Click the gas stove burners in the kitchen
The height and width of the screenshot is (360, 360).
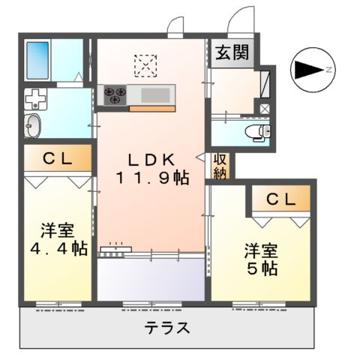point(116,94)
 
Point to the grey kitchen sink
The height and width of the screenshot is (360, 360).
point(154,94)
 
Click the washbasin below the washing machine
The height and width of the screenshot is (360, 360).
point(33,126)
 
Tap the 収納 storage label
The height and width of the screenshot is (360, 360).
point(220,166)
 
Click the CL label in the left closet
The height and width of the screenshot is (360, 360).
point(56,158)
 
